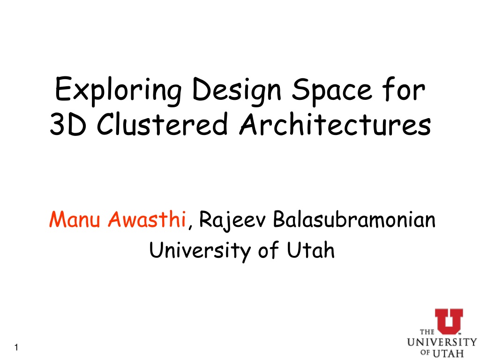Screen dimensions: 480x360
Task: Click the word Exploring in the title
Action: tap(118, 90)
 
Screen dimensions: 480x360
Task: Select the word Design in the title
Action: tap(237, 90)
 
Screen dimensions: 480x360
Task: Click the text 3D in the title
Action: tap(68, 124)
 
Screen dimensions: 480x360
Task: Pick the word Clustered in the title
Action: tap(162, 123)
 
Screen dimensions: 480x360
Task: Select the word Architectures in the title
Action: tap(335, 123)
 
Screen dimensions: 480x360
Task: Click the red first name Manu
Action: tap(75, 219)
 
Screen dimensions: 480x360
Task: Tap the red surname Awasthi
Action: tap(147, 219)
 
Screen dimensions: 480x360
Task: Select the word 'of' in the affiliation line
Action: tap(269, 250)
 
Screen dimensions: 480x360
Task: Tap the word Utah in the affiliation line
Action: tap(311, 250)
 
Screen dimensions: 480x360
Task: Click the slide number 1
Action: tap(16, 347)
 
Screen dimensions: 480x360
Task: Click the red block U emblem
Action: tap(449, 322)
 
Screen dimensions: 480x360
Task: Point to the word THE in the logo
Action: tap(427, 332)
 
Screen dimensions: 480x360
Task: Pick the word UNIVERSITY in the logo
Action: tap(442, 342)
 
